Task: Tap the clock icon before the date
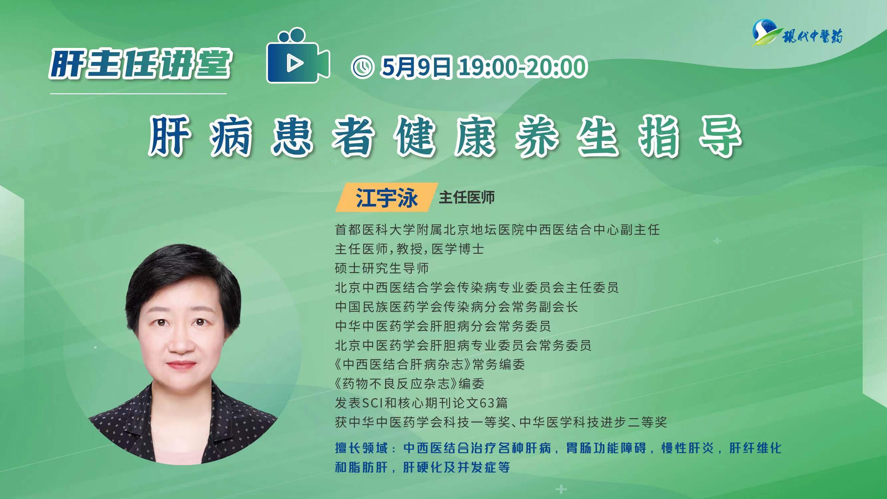pyautogui.click(x=362, y=67)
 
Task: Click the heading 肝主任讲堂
pyautogui.click(x=140, y=64)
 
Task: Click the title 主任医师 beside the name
pyautogui.click(x=467, y=198)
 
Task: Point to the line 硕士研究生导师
pyautogui.click(x=382, y=268)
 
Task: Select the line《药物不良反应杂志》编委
pyautogui.click(x=409, y=383)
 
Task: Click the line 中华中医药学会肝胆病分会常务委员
pyautogui.click(x=443, y=326)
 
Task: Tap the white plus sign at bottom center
pyautogui.click(x=561, y=489)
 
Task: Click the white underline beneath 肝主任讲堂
pyautogui.click(x=138, y=93)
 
